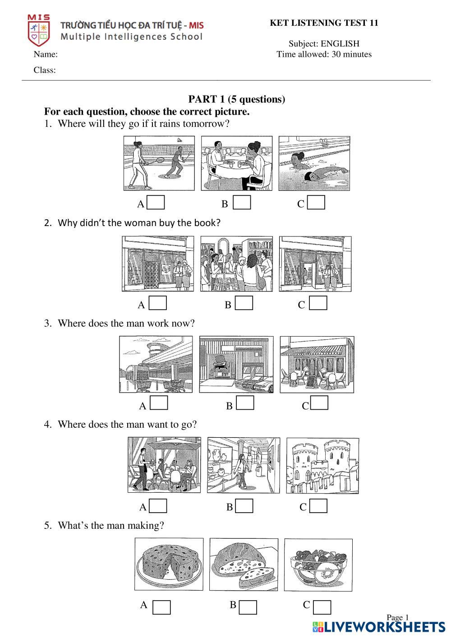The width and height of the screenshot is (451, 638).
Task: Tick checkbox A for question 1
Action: coord(156,203)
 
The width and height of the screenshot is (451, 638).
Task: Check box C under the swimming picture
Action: coord(316,203)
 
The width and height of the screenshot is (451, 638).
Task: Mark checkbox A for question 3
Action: coord(159,403)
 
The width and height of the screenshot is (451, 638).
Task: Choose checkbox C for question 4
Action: coord(318,506)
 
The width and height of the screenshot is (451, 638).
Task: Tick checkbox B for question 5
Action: coord(248,607)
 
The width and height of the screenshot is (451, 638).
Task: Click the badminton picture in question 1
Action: coord(159,163)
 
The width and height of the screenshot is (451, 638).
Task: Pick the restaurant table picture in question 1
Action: coord(237,163)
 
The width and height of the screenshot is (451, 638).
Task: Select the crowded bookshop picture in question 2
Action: coord(236,264)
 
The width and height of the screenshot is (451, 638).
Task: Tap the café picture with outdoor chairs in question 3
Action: coord(317,365)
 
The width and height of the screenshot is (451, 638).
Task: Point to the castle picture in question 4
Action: coord(323,465)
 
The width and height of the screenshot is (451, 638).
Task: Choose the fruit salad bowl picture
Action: coord(318,564)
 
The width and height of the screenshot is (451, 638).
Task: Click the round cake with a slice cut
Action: coord(169,564)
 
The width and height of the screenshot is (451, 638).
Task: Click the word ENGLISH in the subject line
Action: coord(340,44)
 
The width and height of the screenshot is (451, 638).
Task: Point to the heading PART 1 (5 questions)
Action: coord(236,99)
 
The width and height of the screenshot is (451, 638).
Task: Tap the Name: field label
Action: coord(46,55)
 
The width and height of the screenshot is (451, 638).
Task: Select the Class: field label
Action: coord(45,70)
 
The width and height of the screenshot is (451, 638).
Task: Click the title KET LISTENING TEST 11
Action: coord(324,23)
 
